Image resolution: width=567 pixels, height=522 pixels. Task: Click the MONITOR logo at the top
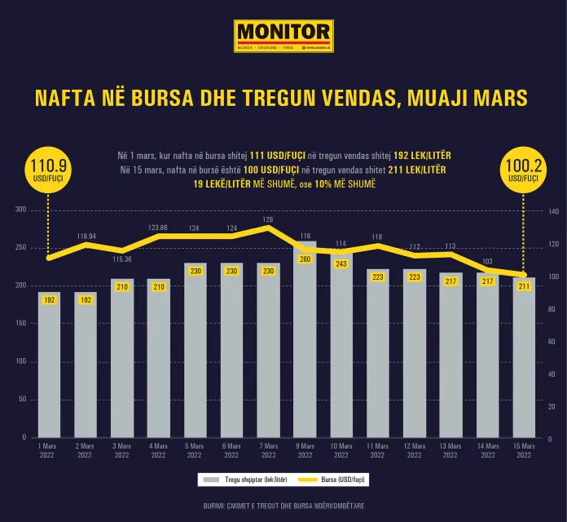tap(283, 36)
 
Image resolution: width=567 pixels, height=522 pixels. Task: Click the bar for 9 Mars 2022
tap(304, 343)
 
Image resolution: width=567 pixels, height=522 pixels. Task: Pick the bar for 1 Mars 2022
tap(49, 367)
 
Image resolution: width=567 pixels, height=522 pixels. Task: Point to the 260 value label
tap(305, 259)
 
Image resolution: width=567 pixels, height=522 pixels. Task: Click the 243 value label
tap(341, 263)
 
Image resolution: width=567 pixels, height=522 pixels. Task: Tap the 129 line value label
tap(268, 219)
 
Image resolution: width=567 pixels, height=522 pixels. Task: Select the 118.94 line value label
tap(86, 236)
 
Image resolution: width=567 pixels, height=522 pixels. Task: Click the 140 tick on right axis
tap(552, 210)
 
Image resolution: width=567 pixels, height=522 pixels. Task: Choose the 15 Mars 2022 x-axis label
tap(525, 450)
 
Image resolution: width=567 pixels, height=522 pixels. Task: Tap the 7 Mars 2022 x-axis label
tap(268, 450)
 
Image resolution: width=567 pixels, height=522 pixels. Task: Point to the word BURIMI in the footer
tap(216, 506)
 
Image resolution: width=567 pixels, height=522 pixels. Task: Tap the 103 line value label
tap(488, 262)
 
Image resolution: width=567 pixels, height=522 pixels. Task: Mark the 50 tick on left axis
tap(22, 399)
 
